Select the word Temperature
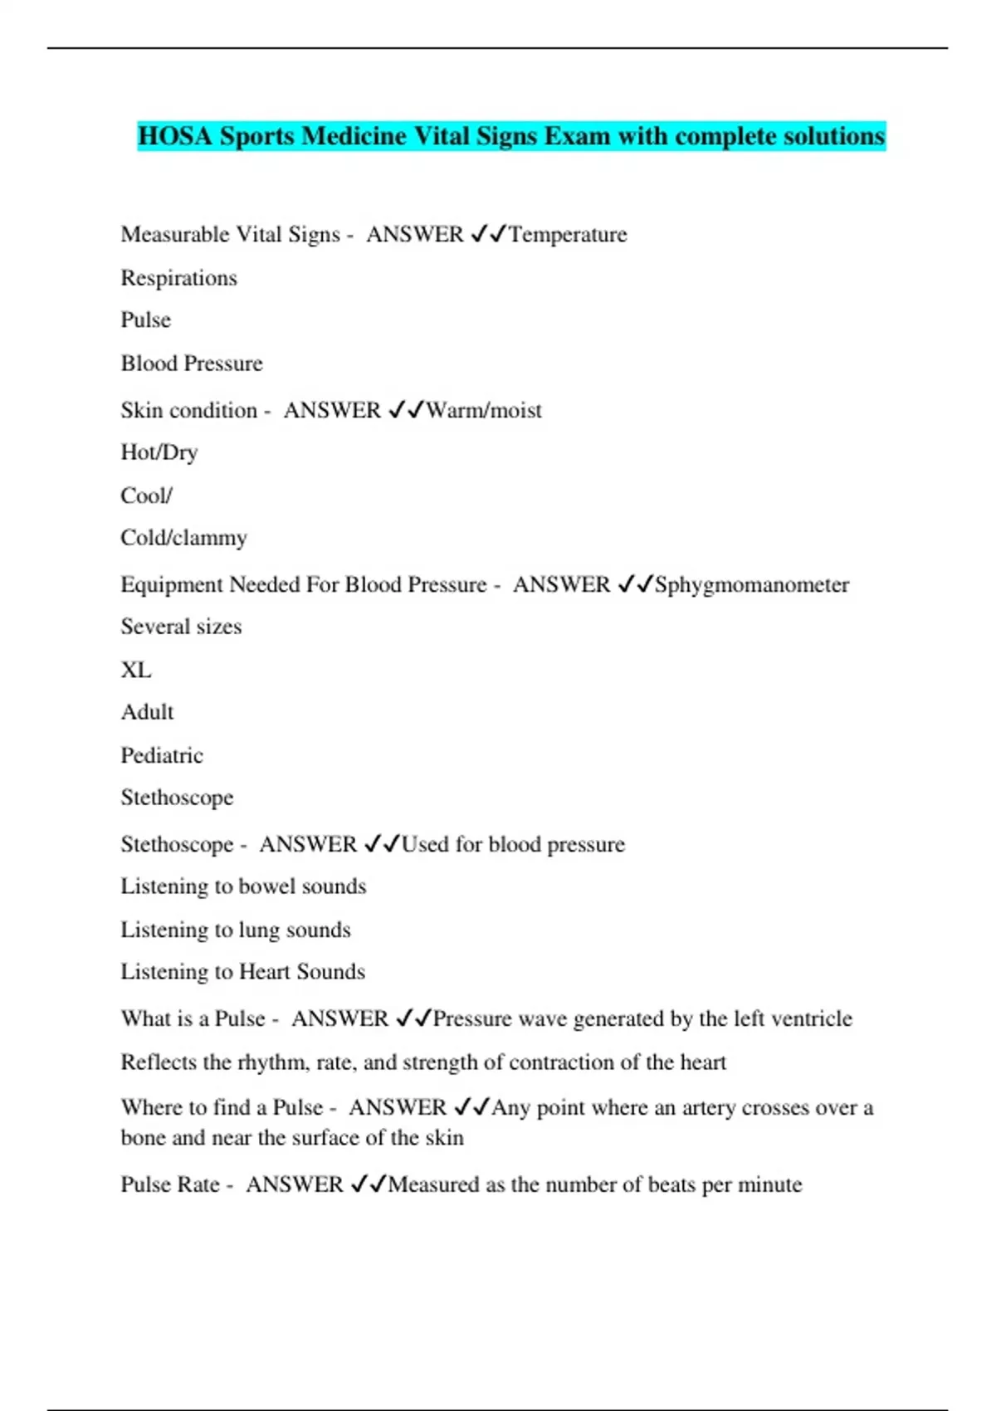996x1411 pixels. tap(568, 235)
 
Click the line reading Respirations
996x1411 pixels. tap(178, 278)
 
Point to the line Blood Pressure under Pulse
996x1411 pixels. tap(192, 364)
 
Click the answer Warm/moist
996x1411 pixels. tap(484, 410)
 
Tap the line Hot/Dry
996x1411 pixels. tap(159, 452)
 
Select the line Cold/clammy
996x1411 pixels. tap(183, 538)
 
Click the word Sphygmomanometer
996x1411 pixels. tap(752, 585)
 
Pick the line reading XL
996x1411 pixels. tap(136, 670)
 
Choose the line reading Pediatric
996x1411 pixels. tap(162, 755)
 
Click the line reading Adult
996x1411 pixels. tap(147, 712)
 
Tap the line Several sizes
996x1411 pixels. tap(181, 627)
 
